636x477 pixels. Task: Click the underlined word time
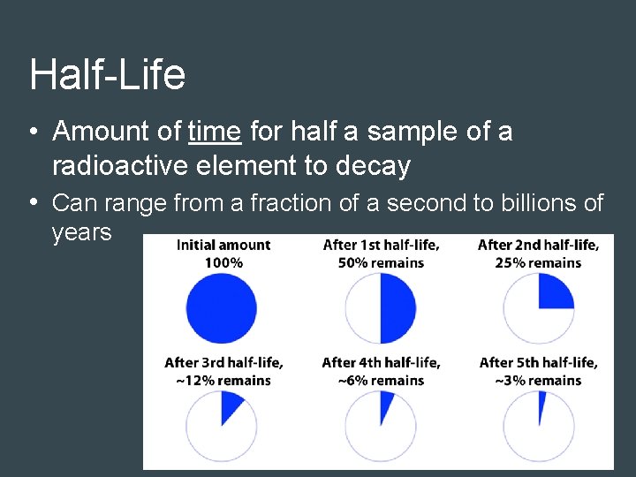tap(215, 132)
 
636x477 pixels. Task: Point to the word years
tap(81, 233)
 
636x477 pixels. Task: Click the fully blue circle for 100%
tap(221, 308)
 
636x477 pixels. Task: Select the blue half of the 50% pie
tap(397, 308)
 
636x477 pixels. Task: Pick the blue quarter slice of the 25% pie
tap(553, 293)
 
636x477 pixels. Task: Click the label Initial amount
tap(223, 246)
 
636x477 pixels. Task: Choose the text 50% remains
tap(381, 262)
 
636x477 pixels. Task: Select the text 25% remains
tap(538, 262)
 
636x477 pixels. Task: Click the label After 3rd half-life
tap(223, 363)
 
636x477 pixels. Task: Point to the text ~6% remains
tap(381, 380)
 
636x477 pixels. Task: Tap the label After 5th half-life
tap(538, 363)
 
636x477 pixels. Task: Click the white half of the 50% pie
tap(362, 308)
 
